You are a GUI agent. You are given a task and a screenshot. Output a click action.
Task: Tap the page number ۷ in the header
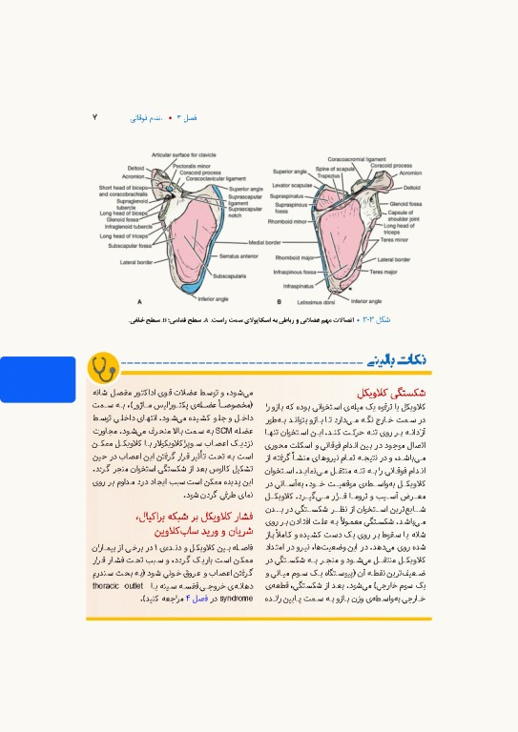[x=94, y=117]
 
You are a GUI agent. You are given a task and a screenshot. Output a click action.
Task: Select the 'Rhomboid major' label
[x=295, y=257]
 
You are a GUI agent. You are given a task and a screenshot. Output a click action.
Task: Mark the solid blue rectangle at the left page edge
[x=37, y=378]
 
